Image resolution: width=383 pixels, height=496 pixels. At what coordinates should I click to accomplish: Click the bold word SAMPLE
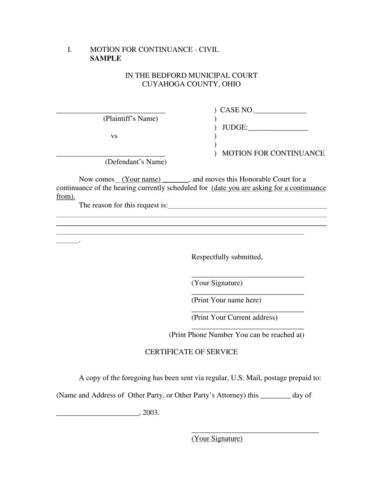point(105,58)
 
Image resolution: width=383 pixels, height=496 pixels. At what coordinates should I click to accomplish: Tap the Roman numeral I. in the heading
point(69,49)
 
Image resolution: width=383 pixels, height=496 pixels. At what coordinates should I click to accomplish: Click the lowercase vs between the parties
point(114,136)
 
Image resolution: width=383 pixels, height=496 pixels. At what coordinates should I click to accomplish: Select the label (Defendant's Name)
point(136,162)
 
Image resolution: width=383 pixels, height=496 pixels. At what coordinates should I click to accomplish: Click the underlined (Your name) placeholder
point(141,179)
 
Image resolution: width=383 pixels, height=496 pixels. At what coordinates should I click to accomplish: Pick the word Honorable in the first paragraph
point(255,179)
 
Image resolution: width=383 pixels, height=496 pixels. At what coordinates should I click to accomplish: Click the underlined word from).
point(66,197)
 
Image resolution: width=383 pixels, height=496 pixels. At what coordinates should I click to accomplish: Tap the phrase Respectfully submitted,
point(227,257)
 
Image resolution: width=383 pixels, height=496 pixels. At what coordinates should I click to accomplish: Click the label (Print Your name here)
point(226,300)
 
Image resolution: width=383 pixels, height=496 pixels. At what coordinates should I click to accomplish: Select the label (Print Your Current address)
point(234,317)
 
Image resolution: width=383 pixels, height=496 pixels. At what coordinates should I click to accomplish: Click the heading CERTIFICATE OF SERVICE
point(191,352)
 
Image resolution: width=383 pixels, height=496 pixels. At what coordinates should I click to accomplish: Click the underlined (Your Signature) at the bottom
point(217,438)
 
